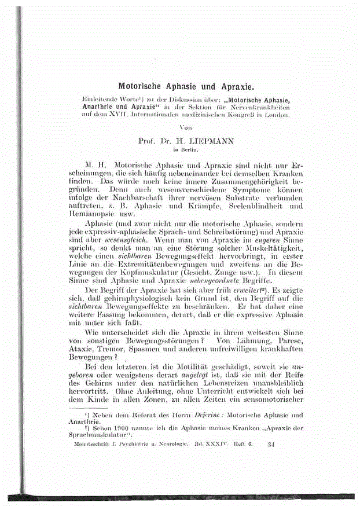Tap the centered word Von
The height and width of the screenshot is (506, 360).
click(186, 127)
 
